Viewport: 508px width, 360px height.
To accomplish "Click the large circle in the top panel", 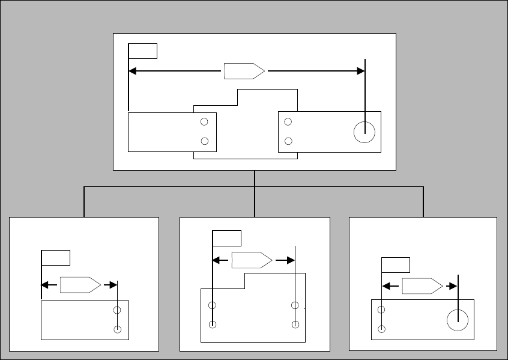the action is pos(364,132).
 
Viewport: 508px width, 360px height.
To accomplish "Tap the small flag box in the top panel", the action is pos(144,50).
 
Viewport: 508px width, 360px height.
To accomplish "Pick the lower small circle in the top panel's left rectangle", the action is pos(204,141).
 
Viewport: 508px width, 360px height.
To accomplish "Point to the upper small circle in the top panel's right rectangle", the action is pos(288,122).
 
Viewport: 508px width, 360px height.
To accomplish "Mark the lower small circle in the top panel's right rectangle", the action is pos(288,141).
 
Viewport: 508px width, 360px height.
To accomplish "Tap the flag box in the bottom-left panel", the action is pos(56,257).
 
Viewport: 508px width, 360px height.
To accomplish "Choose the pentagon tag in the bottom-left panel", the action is pos(80,285).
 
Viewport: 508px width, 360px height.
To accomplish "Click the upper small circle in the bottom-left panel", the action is pos(117,310).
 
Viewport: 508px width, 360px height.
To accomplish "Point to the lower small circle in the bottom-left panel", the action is pos(117,329).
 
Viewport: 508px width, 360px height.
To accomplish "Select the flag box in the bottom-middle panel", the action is pos(227,238).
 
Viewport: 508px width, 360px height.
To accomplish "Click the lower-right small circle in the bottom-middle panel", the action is pos(295,325).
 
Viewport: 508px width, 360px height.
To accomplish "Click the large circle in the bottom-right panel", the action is pos(458,320).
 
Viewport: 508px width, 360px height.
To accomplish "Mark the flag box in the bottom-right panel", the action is pos(396,265).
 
